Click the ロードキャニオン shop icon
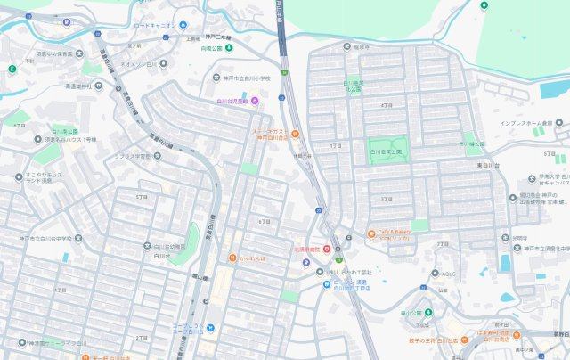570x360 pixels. (x=183, y=25)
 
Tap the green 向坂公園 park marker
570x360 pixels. (x=228, y=47)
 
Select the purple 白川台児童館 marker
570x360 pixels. (x=255, y=102)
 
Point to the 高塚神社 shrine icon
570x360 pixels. (x=97, y=87)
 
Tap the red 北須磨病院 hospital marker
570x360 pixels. (x=327, y=250)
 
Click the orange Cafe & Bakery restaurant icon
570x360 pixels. (x=371, y=234)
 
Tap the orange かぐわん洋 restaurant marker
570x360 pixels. (x=232, y=259)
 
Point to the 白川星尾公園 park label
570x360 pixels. (x=386, y=152)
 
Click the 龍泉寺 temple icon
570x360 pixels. (x=347, y=45)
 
